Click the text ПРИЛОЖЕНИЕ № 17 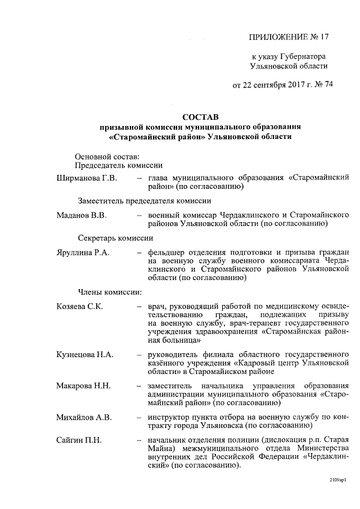[288, 37]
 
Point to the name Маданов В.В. [82, 214]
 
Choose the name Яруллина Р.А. [83, 253]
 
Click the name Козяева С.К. [79, 307]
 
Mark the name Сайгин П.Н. [79, 439]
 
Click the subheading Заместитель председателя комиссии [144, 201]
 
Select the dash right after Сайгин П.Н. [138, 440]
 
